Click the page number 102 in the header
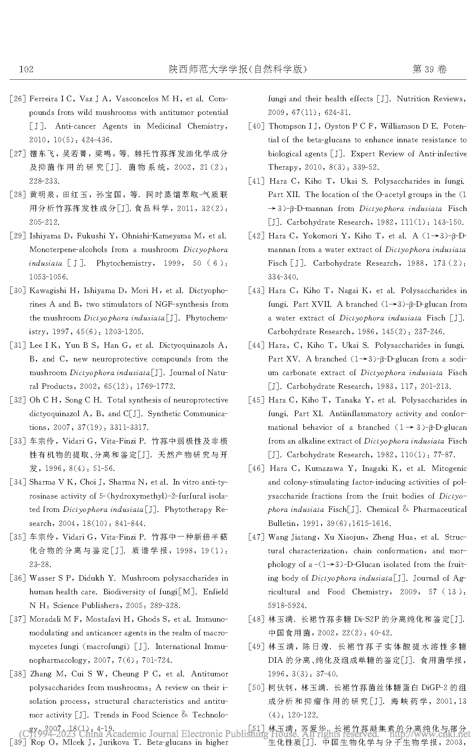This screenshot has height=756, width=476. coord(27,69)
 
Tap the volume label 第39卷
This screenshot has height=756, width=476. coord(429,69)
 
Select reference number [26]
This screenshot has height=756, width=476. coord(18,99)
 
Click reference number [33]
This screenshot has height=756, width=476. coord(18,441)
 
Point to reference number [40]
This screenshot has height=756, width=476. coord(256,127)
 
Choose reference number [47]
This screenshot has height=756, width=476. coord(256,537)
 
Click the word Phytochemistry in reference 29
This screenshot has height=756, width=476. coord(124,263)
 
